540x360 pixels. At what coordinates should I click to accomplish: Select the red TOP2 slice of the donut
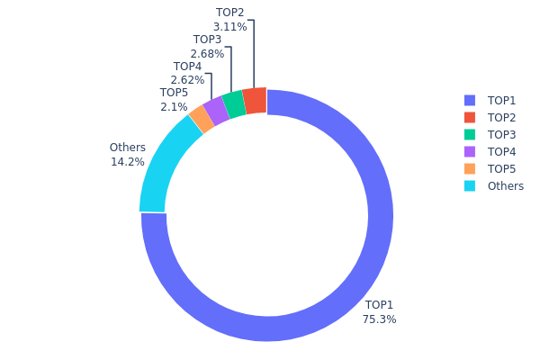tap(256, 102)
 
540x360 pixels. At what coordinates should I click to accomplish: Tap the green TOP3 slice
tap(234, 105)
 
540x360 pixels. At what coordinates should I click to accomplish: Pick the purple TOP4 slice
tap(216, 112)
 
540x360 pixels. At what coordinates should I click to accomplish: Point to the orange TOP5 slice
tap(201, 120)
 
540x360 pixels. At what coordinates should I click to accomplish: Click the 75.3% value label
tap(379, 319)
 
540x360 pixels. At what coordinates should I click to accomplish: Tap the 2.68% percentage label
tap(207, 54)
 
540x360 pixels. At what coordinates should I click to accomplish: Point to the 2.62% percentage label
tap(187, 80)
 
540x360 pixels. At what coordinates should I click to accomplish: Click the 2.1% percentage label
tap(174, 107)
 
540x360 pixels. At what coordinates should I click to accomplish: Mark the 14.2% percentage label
tap(127, 162)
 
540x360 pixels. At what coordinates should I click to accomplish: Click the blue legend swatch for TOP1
tap(469, 100)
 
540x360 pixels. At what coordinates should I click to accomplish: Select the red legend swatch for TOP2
tap(469, 117)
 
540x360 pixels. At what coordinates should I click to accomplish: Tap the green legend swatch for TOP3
tap(469, 134)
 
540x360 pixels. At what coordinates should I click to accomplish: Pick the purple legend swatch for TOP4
tap(469, 151)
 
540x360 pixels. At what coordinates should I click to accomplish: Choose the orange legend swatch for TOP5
tap(469, 168)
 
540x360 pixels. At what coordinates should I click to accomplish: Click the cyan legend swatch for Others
tap(469, 186)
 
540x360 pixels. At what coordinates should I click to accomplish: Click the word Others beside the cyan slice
tap(127, 148)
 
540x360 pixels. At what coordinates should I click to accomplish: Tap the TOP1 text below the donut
tap(379, 305)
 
